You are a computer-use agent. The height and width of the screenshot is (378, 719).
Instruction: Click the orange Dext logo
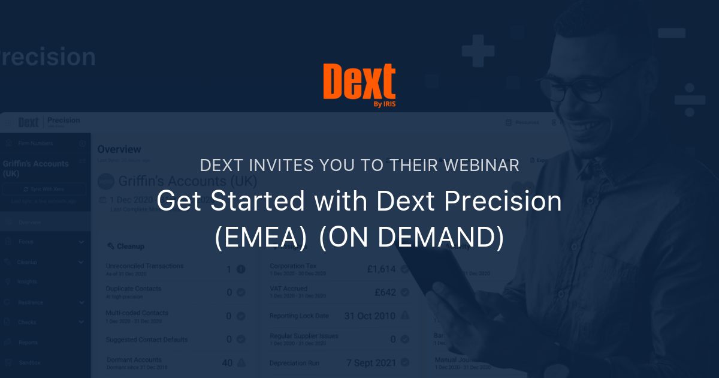359,83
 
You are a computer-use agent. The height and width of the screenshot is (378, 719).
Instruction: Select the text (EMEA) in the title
261,238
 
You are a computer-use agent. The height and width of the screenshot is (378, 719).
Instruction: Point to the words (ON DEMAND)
411,238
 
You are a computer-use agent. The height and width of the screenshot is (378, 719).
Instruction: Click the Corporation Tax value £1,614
382,269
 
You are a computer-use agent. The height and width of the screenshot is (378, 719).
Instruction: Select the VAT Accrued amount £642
385,292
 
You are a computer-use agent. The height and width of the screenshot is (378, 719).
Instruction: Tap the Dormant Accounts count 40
227,362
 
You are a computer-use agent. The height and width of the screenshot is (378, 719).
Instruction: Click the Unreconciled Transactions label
145,266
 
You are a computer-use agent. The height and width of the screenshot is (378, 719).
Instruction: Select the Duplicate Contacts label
134,289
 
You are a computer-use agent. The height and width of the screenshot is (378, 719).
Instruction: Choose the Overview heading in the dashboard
119,149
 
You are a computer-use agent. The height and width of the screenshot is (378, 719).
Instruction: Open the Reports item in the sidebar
28,343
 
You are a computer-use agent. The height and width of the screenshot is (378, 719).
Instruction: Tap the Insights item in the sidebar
28,281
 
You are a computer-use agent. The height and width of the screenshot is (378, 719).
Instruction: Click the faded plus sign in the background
478,50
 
